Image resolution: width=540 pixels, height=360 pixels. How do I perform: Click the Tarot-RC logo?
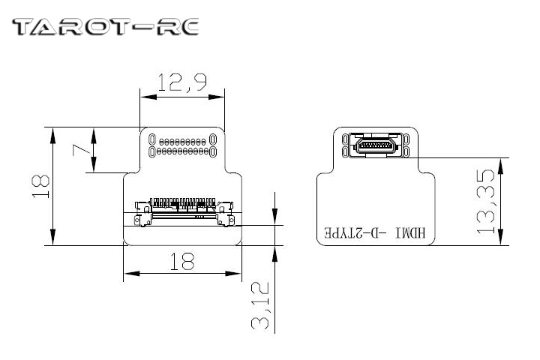[105, 28]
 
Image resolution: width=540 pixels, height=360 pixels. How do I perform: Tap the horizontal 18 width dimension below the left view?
[182, 261]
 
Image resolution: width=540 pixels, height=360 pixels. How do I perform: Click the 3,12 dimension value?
[260, 307]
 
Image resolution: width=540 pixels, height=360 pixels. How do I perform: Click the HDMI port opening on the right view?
[374, 144]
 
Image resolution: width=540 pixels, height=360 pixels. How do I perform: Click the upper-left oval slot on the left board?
[152, 139]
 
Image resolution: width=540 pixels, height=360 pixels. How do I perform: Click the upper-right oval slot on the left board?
[214, 139]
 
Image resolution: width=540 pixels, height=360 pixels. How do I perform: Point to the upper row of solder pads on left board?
[183, 141]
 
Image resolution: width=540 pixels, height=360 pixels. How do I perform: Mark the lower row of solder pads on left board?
[183, 151]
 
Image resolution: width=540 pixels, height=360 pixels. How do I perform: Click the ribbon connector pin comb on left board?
[182, 202]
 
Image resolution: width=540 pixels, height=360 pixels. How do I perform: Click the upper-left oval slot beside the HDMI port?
[345, 139]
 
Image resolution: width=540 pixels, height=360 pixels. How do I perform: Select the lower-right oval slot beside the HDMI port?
[405, 151]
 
